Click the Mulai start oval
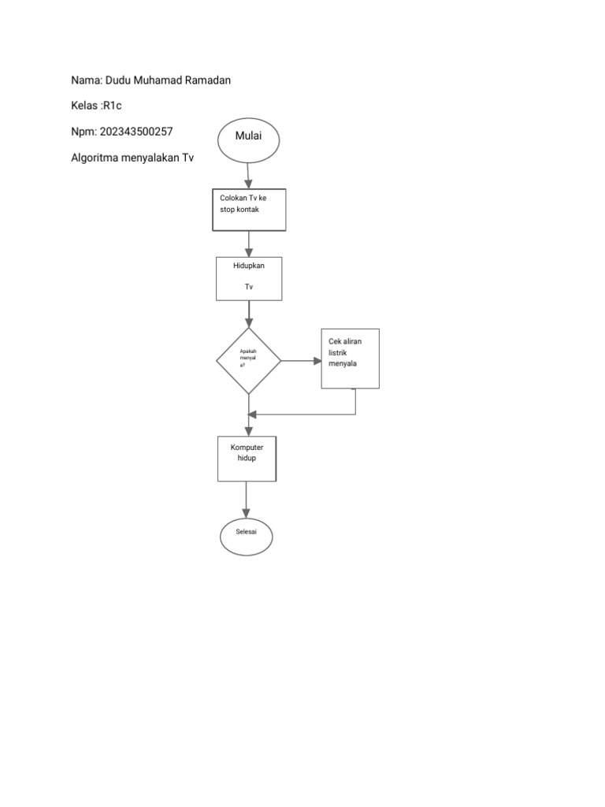point(248,139)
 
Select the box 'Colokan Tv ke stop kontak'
point(249,210)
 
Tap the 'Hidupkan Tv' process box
point(249,278)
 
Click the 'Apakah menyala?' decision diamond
point(249,361)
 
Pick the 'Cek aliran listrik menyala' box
point(351,358)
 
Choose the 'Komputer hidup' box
point(247,458)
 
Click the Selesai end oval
point(247,537)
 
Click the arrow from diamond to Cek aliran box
point(300,361)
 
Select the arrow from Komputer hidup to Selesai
point(247,500)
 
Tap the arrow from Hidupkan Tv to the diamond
point(249,314)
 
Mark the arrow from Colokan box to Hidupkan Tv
point(249,244)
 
